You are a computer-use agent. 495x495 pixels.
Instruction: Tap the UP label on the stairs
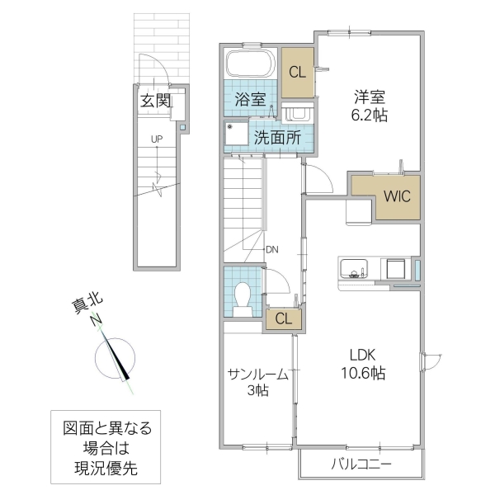[156, 139]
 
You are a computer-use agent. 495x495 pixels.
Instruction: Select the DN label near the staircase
[271, 248]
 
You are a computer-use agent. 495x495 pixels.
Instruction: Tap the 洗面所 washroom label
[276, 138]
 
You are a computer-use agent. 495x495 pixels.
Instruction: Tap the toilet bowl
[243, 296]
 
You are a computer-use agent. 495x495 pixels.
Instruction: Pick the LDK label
[362, 355]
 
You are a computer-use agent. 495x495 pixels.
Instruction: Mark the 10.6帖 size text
[362, 374]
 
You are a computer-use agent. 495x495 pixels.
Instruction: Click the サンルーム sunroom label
[258, 373]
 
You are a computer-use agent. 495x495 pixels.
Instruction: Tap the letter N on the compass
[97, 321]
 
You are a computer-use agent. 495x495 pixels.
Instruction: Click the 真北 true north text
[83, 306]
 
